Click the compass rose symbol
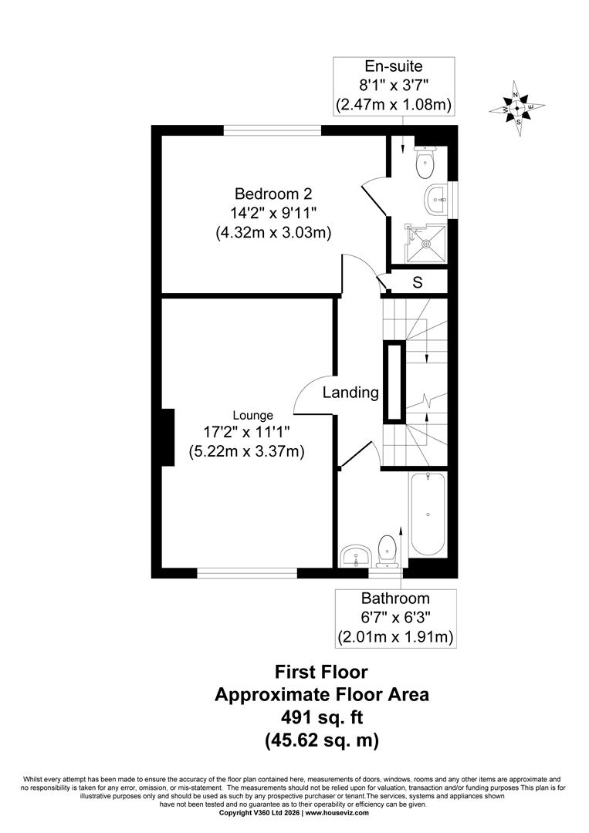tap(516, 109)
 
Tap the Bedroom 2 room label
tap(273, 193)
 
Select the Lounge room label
tap(253, 416)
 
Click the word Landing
tap(350, 393)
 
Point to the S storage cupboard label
tap(418, 282)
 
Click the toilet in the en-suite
tap(425, 161)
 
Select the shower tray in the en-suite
tap(426, 244)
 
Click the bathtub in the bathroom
tap(428, 514)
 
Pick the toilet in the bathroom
tap(386, 551)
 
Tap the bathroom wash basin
tap(355, 555)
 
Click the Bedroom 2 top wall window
tap(272, 130)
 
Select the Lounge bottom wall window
tap(247, 572)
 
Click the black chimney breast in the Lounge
tap(168, 437)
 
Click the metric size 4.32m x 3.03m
tap(274, 233)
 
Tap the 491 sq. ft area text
tap(322, 717)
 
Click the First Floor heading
tap(321, 672)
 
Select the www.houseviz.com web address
tap(337, 827)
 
